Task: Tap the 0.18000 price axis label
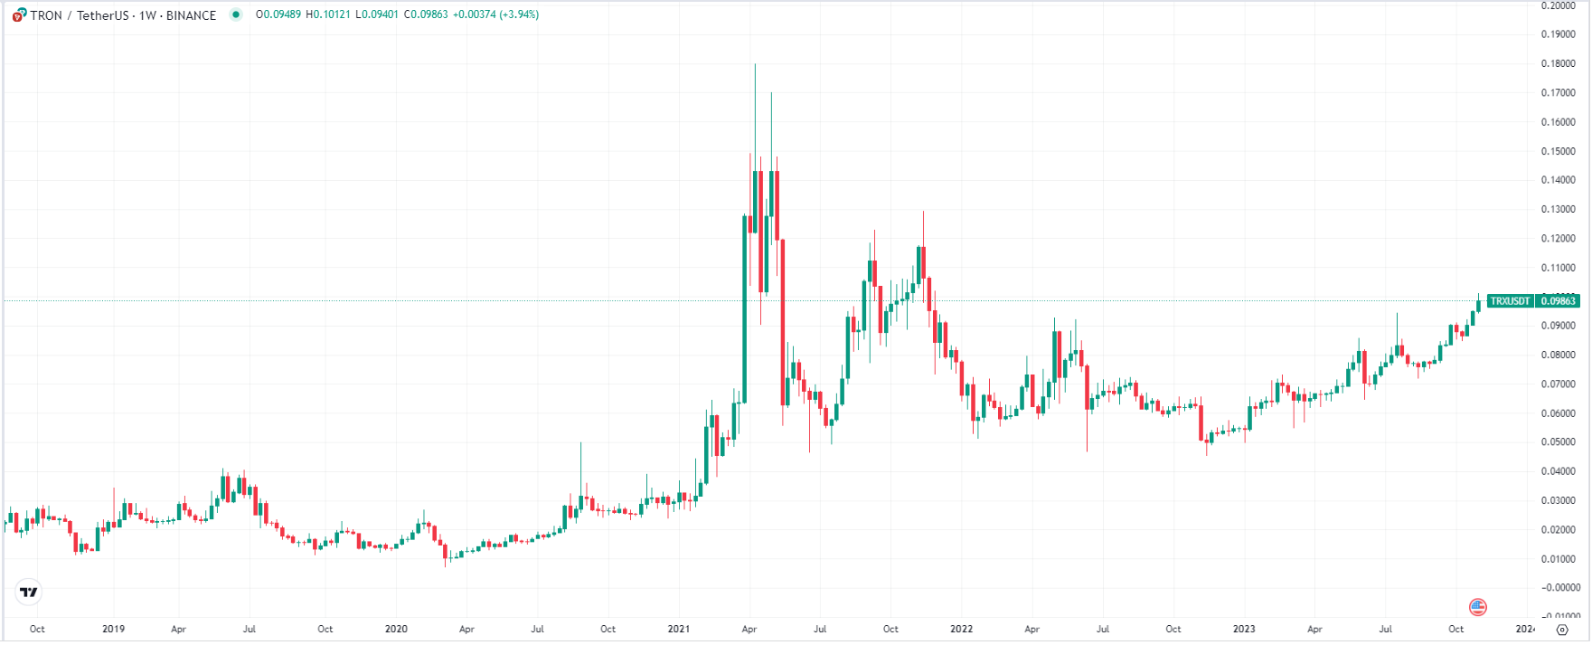(1558, 64)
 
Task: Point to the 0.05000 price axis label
(1558, 442)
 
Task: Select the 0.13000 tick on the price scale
(1558, 210)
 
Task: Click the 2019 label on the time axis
(113, 629)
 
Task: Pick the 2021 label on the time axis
(679, 629)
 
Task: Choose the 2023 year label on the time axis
(1244, 629)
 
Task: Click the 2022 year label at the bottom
(961, 629)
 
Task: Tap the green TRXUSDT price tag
(1510, 301)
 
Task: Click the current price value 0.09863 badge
(1558, 301)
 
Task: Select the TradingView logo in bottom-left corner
(29, 593)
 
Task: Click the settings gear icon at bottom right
(1561, 630)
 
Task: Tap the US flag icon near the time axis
(1478, 607)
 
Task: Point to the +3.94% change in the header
(520, 15)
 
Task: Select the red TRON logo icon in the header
(19, 15)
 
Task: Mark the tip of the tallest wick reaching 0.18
(755, 64)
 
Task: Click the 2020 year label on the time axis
(396, 629)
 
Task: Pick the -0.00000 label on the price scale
(1558, 588)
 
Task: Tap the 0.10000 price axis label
(1558, 297)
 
